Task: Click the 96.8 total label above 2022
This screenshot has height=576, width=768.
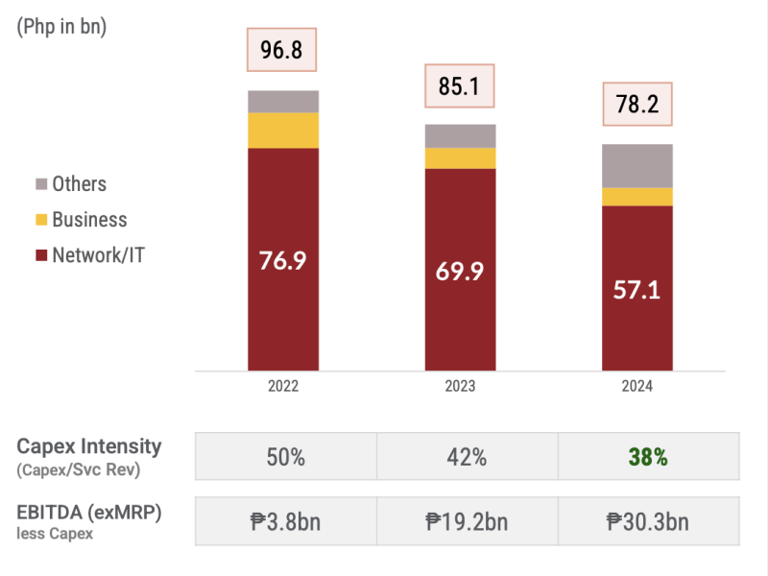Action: [281, 51]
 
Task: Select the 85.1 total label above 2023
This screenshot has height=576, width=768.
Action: [460, 87]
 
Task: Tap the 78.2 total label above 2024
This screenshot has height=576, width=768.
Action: [636, 105]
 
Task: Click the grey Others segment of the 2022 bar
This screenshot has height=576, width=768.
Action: [283, 102]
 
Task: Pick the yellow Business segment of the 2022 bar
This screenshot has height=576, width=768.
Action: [283, 131]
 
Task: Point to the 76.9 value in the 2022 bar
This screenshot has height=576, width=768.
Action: [283, 260]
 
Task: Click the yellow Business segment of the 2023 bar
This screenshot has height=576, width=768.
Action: [461, 158]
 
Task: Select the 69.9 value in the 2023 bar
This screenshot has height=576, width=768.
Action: [461, 271]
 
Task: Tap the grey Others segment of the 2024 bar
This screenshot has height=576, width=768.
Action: [637, 166]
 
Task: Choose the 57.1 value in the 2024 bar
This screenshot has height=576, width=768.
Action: [637, 289]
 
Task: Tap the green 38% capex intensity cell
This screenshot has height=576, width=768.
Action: [648, 457]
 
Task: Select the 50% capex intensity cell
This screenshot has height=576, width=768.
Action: [285, 457]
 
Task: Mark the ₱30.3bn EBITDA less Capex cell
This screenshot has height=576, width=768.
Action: [648, 521]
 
